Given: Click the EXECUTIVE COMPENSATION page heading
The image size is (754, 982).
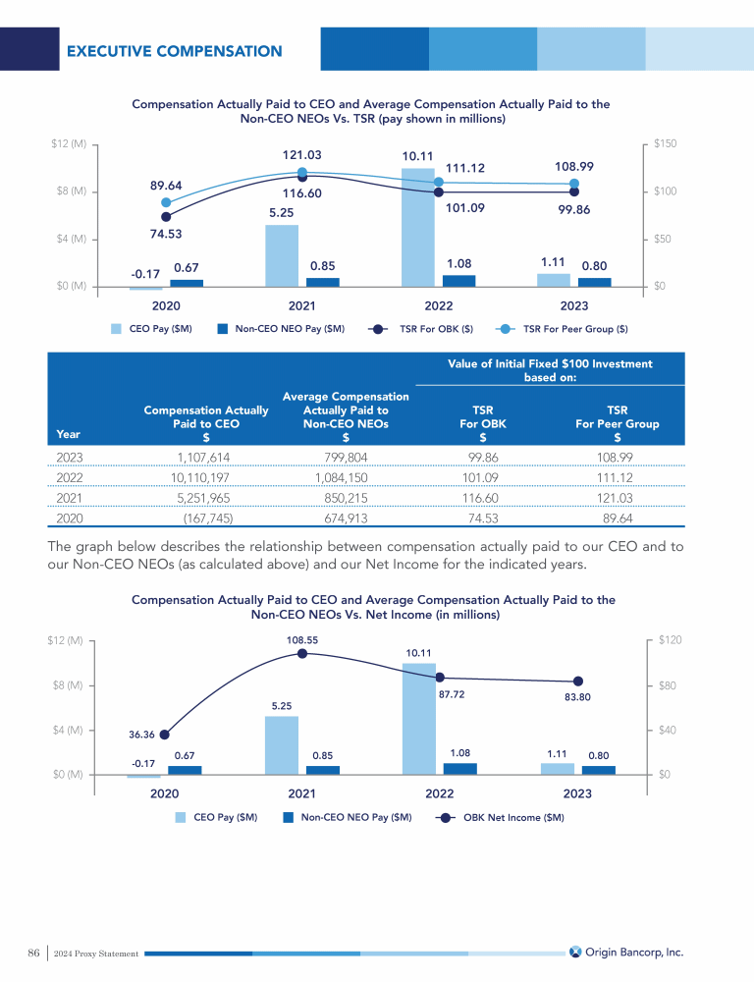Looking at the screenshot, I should pyautogui.click(x=174, y=51).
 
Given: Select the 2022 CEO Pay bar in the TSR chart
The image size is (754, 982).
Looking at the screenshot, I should pyautogui.click(x=418, y=226).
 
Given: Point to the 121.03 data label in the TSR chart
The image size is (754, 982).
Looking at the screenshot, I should pyautogui.click(x=301, y=155).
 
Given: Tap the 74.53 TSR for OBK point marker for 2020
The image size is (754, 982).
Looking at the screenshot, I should pyautogui.click(x=166, y=217).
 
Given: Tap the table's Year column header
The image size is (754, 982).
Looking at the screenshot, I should pyautogui.click(x=70, y=434).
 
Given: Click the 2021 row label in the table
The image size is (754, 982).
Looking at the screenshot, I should pyautogui.click(x=70, y=497).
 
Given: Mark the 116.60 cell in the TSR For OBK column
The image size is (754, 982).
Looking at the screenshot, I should pyautogui.click(x=483, y=497).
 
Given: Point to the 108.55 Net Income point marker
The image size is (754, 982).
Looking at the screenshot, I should pyautogui.click(x=302, y=654).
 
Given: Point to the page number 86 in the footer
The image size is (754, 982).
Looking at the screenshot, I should pyautogui.click(x=33, y=953).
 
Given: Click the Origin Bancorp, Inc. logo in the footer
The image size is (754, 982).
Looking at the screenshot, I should pyautogui.click(x=626, y=952).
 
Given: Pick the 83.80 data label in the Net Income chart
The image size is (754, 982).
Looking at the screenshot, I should pyautogui.click(x=577, y=697).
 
